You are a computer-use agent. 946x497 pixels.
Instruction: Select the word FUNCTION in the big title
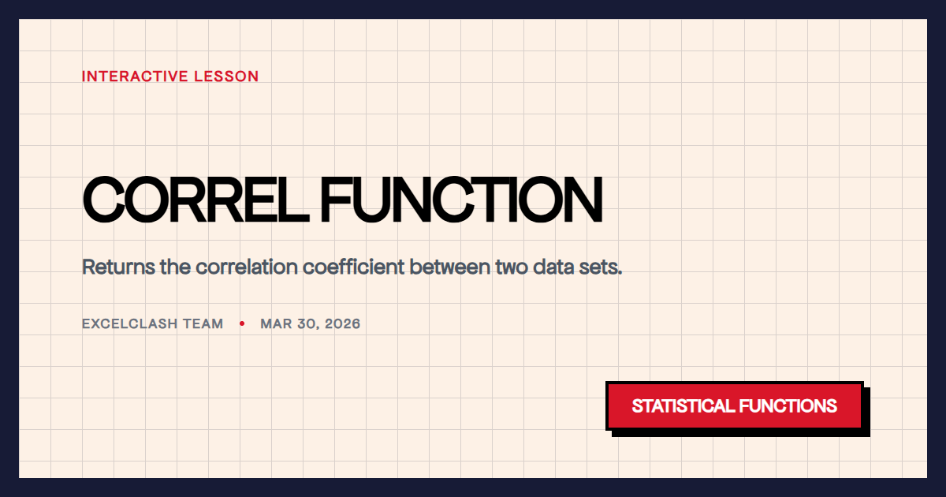tap(461, 200)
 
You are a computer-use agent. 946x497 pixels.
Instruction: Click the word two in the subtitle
tap(512, 267)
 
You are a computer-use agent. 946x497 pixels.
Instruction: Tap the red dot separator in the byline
tap(241, 324)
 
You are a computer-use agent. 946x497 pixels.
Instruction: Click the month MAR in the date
tap(275, 324)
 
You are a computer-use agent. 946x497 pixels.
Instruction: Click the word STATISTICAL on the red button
tap(683, 406)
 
